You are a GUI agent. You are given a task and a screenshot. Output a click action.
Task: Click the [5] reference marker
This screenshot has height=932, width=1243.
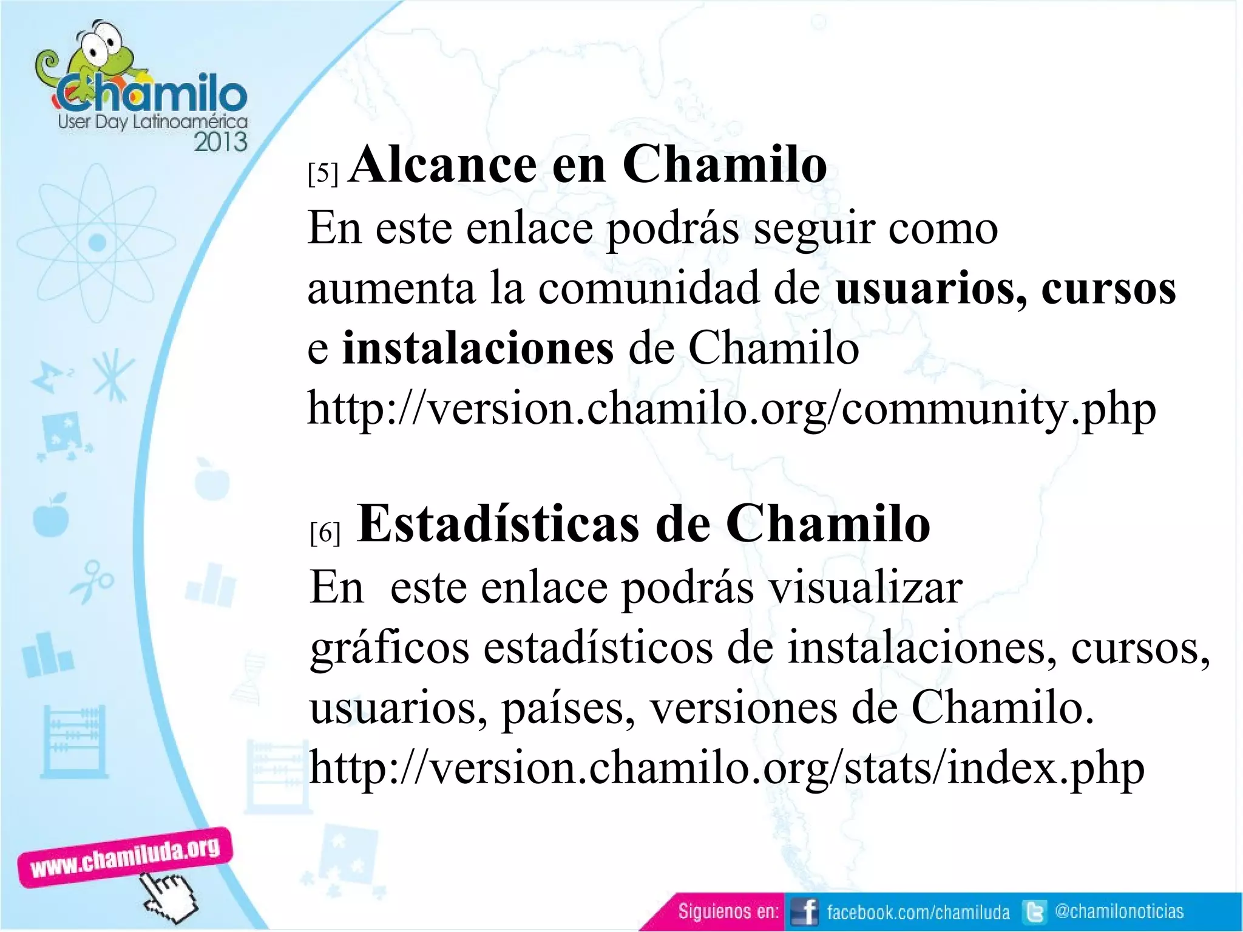point(322,174)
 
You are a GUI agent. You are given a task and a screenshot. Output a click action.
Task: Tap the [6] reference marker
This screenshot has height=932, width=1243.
point(325,533)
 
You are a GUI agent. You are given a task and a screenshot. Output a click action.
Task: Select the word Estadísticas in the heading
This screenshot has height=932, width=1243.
point(498,524)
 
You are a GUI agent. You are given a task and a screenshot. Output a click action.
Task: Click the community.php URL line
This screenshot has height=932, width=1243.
point(731,409)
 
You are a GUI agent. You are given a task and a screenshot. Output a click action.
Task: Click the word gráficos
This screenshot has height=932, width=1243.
point(389,648)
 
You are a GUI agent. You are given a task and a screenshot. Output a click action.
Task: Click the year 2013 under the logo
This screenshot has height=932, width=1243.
point(220,142)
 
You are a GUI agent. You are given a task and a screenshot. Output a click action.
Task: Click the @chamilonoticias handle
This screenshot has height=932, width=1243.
point(1119,911)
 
